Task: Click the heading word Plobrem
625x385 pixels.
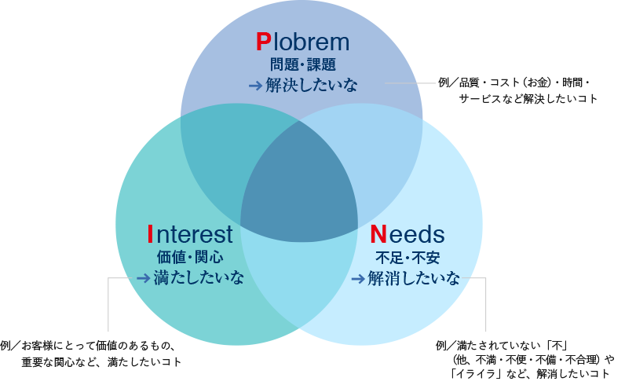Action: [x=302, y=42]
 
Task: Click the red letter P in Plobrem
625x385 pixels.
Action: [x=263, y=42]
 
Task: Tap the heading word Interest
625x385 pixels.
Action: [x=190, y=234]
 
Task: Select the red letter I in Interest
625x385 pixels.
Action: [x=150, y=234]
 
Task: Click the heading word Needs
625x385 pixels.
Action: [x=407, y=234]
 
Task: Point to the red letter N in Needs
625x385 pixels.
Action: [x=378, y=234]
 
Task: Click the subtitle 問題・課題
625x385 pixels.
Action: [x=302, y=65]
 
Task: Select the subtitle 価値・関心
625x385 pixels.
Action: [x=190, y=257]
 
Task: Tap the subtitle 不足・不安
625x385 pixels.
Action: [x=408, y=257]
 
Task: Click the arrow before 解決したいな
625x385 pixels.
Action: [x=255, y=86]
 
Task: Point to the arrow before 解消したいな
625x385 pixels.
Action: [x=357, y=278]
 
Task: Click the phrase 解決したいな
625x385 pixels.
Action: [x=311, y=86]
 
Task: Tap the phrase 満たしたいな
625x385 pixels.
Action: [x=199, y=278]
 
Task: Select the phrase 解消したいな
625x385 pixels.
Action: [x=414, y=278]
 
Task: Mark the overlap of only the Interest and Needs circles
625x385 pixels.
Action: [x=299, y=283]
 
